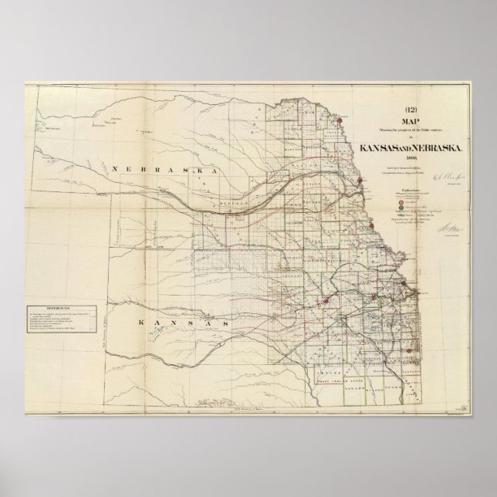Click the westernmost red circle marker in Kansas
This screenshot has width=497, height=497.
tap(327, 302)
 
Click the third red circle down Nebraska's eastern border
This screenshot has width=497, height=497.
tap(372, 225)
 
